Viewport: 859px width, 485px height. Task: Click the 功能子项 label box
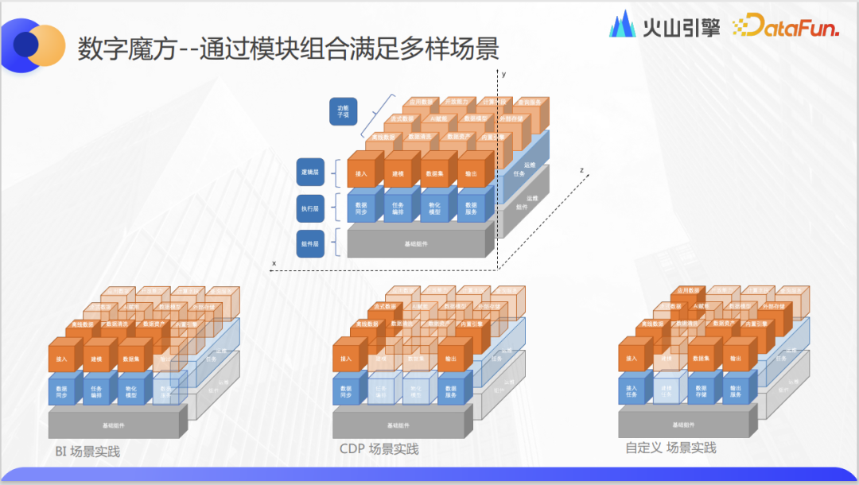[344, 111]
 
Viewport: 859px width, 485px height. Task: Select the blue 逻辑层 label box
[311, 171]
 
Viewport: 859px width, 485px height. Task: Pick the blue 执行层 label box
[311, 208]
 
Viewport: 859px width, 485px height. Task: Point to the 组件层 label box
[311, 243]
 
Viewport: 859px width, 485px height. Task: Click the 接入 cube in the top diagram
[362, 173]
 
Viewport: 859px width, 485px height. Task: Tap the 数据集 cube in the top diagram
[435, 173]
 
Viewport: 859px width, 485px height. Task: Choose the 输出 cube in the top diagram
[472, 173]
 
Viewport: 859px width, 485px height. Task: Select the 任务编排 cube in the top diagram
[398, 208]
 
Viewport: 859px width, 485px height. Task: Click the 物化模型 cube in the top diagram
[435, 208]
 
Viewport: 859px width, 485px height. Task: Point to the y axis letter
[503, 73]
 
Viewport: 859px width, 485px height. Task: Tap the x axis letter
[274, 262]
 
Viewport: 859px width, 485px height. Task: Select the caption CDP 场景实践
[379, 449]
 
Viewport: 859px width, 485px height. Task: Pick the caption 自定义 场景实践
[670, 448]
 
